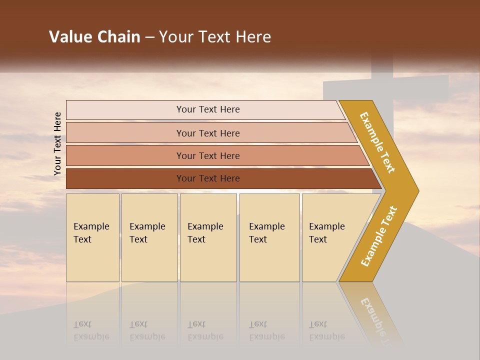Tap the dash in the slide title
click(149, 37)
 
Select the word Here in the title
click(253, 37)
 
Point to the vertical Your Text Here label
click(57, 143)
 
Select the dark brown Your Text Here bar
click(208, 178)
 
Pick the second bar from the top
click(208, 133)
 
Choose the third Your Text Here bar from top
click(208, 156)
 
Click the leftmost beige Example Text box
click(92, 237)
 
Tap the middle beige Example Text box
click(208, 237)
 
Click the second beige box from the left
click(149, 237)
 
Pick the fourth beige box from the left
click(269, 237)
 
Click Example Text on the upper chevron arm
click(377, 142)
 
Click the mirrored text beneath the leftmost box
click(91, 331)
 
